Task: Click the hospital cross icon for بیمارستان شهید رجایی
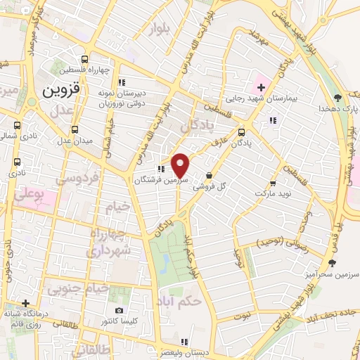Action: tap(261, 87)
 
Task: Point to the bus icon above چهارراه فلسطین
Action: tap(84, 59)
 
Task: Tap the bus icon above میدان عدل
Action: tap(75, 129)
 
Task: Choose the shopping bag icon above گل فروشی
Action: tap(209, 175)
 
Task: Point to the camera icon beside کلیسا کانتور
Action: tap(119, 310)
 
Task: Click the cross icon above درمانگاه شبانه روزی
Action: tap(25, 303)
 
